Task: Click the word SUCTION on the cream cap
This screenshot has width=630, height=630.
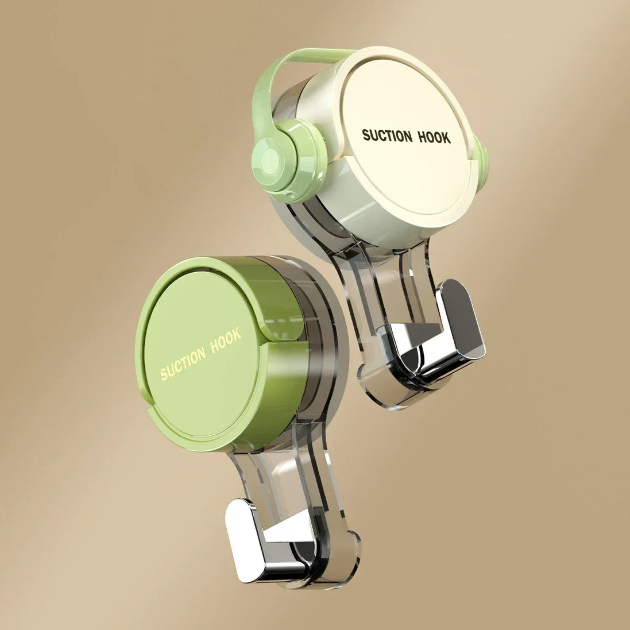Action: [x=386, y=136]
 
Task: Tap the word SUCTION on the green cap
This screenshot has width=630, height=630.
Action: [x=183, y=364]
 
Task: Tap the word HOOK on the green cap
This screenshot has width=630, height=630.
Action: [x=225, y=342]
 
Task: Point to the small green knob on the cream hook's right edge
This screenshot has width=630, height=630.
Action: [x=481, y=159]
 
